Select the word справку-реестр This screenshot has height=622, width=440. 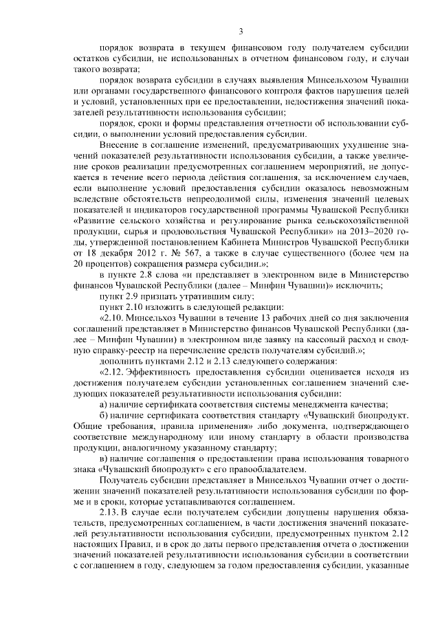[109, 351]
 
